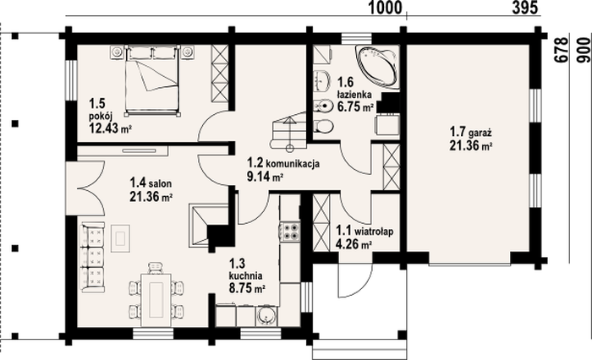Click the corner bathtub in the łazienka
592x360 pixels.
coord(377,67)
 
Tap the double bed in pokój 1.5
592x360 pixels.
coord(151,79)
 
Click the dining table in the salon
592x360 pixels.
coord(156,300)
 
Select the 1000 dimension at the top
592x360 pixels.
coord(385,8)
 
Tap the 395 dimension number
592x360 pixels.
coord(525,8)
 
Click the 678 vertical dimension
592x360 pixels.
coord(562,49)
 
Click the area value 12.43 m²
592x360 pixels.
coord(110,128)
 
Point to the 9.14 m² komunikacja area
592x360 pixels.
coord(266,176)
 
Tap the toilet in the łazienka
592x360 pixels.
coord(323,126)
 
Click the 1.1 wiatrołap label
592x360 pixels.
coord(365,230)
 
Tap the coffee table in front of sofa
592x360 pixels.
coord(121,238)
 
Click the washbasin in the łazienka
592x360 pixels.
coord(321,80)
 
